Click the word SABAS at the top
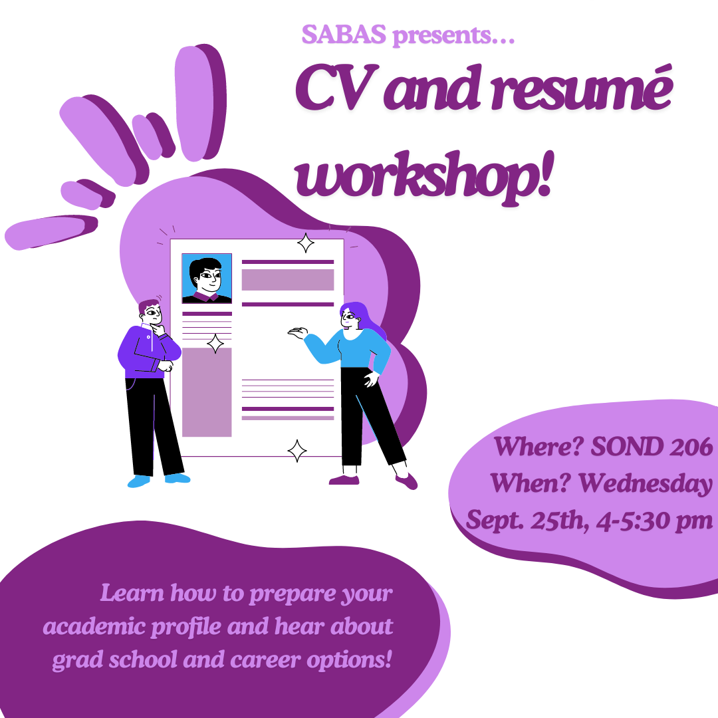(x=344, y=35)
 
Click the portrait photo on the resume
(x=207, y=279)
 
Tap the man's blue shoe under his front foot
(x=178, y=478)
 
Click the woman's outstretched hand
(x=298, y=333)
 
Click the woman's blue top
(x=352, y=347)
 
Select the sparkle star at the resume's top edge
(x=305, y=243)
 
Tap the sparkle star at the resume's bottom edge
(x=297, y=451)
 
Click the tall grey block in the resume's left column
(x=207, y=392)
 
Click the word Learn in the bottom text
(x=132, y=593)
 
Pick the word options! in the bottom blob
(x=350, y=660)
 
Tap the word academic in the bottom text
(x=94, y=626)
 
